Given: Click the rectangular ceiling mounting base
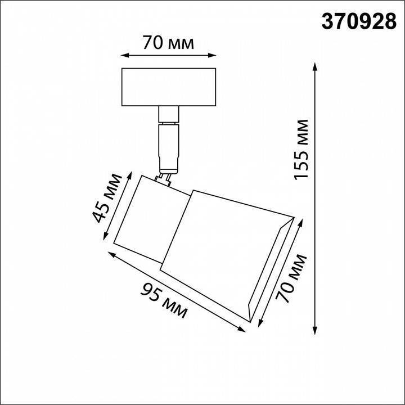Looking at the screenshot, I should (x=169, y=87).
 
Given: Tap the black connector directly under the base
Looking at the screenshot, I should (x=169, y=115).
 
